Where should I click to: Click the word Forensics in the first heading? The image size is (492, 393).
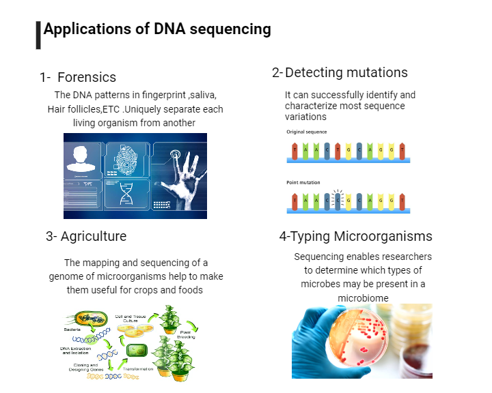click(x=87, y=77)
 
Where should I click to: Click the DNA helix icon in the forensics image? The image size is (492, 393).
click(x=126, y=195)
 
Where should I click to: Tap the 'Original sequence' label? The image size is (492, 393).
click(x=306, y=132)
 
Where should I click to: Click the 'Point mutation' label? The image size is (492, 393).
click(x=303, y=183)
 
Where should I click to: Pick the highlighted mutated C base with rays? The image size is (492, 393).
click(x=336, y=199)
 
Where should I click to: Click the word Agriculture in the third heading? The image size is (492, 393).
click(x=94, y=237)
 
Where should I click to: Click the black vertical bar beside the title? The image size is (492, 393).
click(x=38, y=35)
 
